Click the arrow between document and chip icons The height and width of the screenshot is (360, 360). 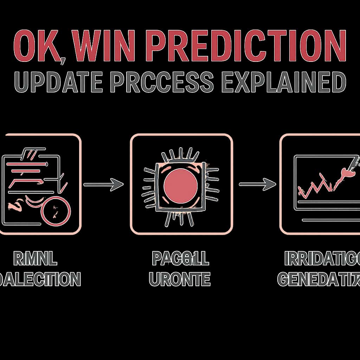pyautogui.click(x=104, y=184)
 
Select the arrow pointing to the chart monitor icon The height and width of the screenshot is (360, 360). pyautogui.click(x=257, y=184)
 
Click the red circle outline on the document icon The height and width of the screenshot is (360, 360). pyautogui.click(x=56, y=213)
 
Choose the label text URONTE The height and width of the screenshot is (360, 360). pyautogui.click(x=180, y=280)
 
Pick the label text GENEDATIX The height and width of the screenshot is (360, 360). pyautogui.click(x=319, y=280)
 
